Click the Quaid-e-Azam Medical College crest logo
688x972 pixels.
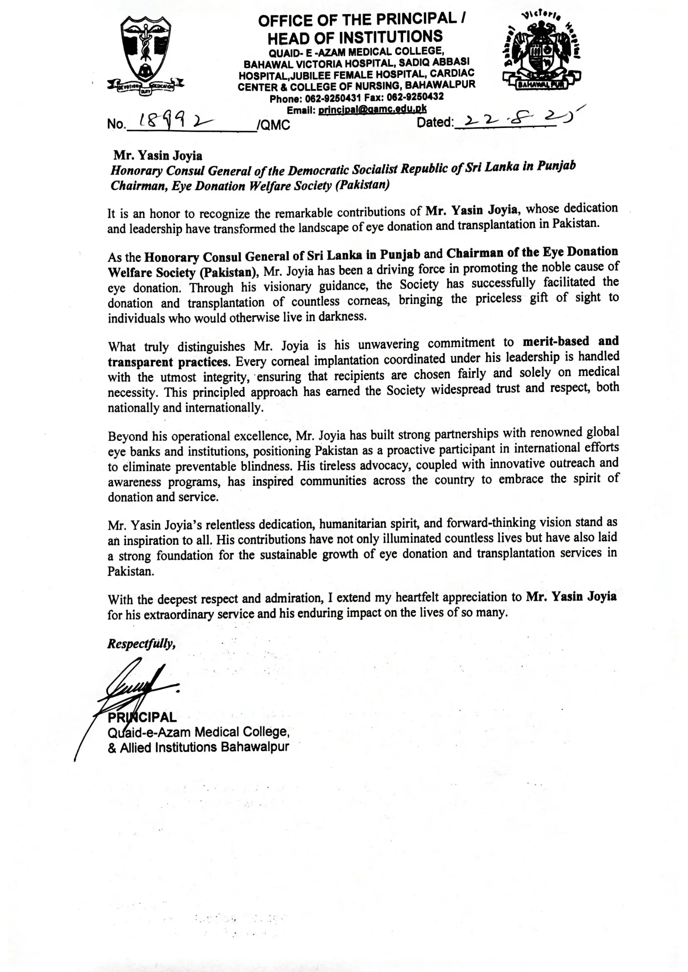[146, 55]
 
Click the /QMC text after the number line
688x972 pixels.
[273, 125]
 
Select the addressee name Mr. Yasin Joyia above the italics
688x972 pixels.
[158, 156]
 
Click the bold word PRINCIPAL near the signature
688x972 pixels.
[142, 718]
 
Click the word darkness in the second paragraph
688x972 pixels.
[342, 317]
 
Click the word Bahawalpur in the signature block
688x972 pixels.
[255, 747]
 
